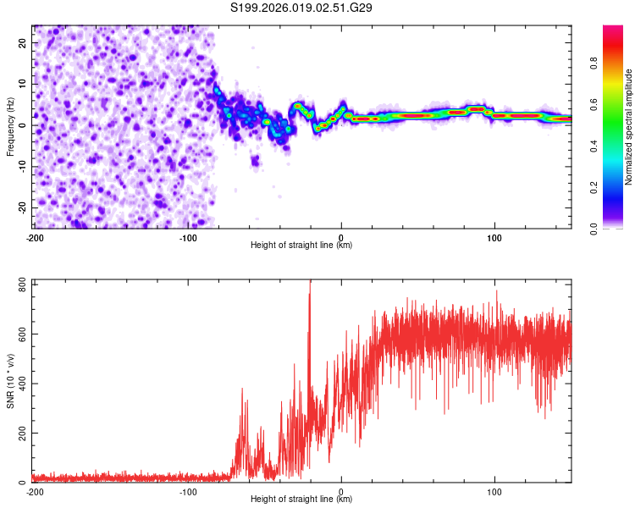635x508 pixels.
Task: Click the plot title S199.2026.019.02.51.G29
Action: [301, 8]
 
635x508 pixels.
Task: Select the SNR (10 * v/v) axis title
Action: [10, 381]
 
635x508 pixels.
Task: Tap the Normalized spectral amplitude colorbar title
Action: [629, 127]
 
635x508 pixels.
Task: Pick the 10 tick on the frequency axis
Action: [23, 84]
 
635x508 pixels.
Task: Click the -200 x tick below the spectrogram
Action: [35, 238]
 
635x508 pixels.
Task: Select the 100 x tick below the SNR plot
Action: [494, 492]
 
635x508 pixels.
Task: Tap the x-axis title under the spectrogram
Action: [301, 246]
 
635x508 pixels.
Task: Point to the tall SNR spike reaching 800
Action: [310, 288]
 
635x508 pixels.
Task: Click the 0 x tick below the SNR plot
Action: [341, 492]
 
